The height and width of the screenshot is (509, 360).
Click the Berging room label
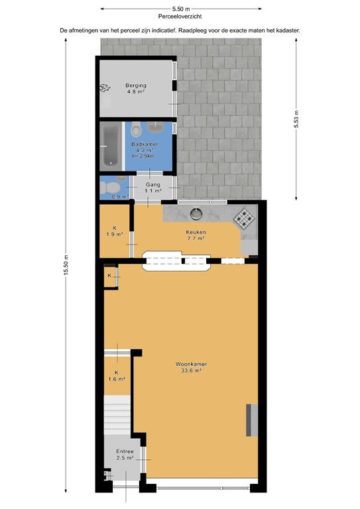(136, 89)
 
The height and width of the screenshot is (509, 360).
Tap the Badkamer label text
(145, 144)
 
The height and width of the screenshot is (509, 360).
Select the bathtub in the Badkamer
(111, 146)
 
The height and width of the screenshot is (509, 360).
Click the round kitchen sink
(196, 213)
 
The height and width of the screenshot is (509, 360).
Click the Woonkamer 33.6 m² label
(191, 367)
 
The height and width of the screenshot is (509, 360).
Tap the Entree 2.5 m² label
(125, 455)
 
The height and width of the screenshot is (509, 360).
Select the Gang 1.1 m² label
(153, 188)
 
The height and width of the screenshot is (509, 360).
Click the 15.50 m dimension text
(66, 265)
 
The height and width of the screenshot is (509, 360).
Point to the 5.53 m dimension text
(296, 119)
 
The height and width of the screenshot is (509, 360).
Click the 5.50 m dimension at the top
(181, 9)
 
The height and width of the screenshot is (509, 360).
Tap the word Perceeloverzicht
(180, 16)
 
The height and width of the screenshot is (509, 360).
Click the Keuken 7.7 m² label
(196, 235)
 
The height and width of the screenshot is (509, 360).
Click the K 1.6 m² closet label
(117, 376)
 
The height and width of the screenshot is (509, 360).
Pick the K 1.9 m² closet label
(115, 231)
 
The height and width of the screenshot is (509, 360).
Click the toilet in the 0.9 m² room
(109, 188)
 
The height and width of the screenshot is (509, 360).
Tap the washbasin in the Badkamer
(156, 127)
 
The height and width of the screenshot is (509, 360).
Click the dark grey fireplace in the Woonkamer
(251, 420)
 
